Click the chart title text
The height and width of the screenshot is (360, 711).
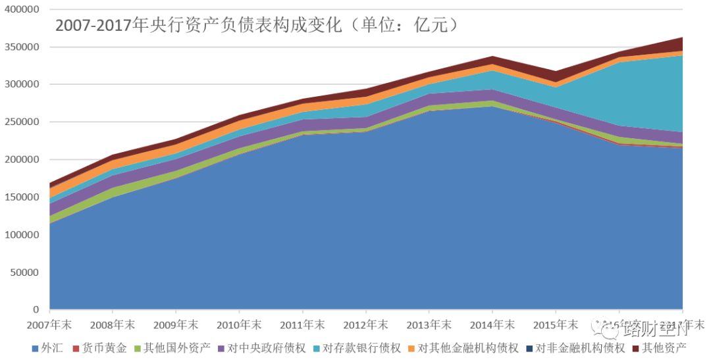click(x=257, y=26)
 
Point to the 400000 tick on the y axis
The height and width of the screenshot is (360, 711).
click(x=22, y=10)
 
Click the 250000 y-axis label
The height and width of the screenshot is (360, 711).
click(x=22, y=122)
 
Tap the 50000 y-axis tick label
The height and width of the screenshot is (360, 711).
click(x=25, y=272)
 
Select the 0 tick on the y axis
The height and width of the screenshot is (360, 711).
click(x=36, y=310)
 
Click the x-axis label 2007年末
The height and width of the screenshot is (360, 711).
click(x=49, y=324)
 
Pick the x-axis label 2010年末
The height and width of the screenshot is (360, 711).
click(x=239, y=324)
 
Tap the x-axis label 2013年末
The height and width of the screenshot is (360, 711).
click(x=429, y=324)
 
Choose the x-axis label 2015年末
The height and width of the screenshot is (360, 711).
click(x=555, y=324)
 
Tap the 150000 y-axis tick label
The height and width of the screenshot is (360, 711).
click(x=22, y=197)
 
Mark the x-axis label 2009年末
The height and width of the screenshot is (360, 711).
click(x=176, y=324)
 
